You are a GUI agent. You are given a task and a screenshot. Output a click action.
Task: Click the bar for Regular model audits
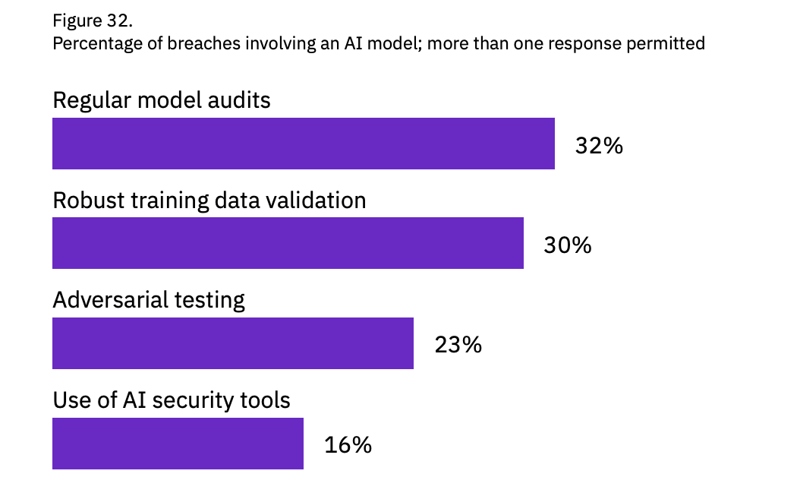tap(303, 144)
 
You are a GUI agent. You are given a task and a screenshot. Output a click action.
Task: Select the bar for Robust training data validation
tap(288, 243)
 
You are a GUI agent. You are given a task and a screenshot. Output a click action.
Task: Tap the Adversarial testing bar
tap(232, 343)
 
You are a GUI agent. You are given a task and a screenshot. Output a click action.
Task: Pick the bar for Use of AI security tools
tap(178, 444)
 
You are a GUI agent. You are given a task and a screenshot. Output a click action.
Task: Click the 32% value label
tap(599, 145)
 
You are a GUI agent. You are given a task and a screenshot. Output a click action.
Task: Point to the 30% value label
tap(567, 245)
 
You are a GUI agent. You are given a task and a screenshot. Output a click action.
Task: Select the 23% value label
tap(458, 345)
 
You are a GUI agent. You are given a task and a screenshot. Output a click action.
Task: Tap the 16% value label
tap(348, 445)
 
